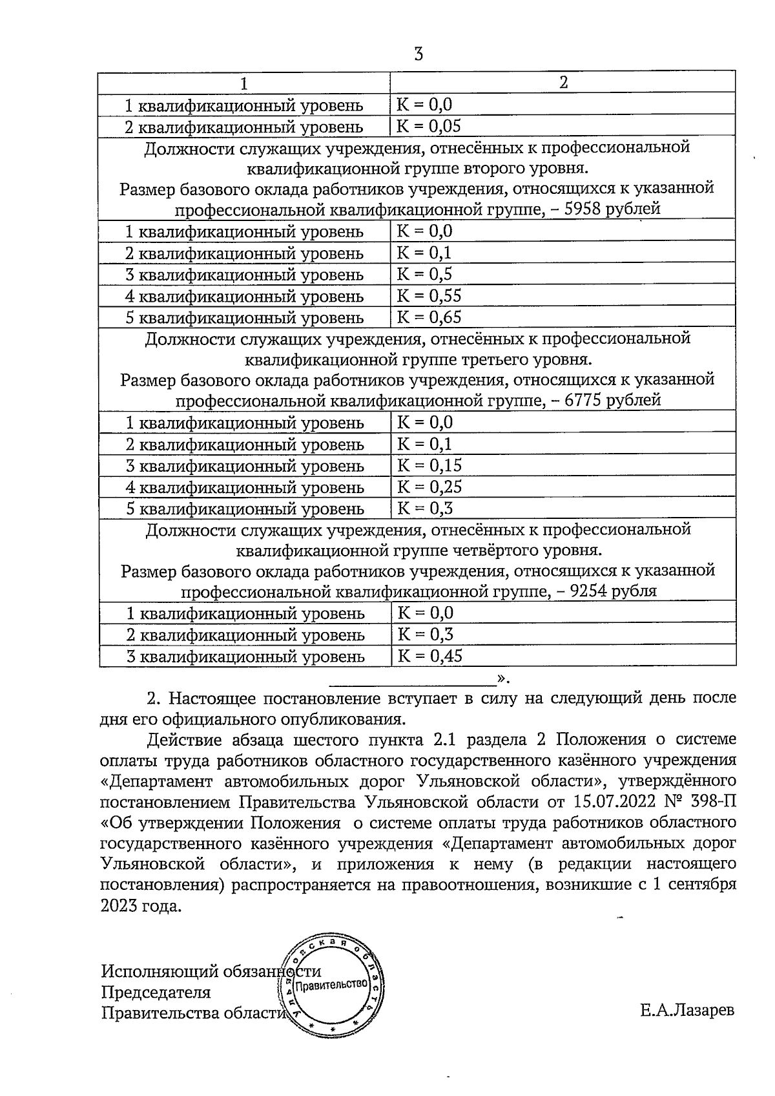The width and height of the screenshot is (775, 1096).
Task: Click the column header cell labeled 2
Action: tap(563, 83)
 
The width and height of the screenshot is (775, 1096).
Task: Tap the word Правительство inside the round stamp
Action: tap(331, 984)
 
